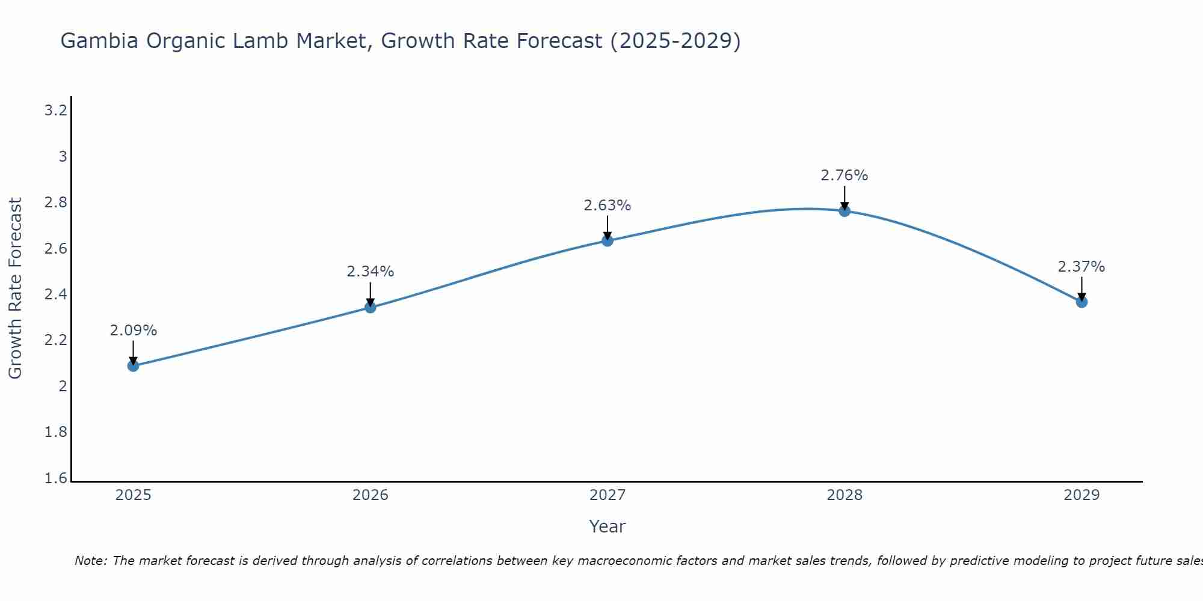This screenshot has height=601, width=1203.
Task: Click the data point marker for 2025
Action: pyautogui.click(x=133, y=365)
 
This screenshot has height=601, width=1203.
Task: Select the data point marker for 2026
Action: pyautogui.click(x=371, y=307)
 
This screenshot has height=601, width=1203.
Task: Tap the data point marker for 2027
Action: pyautogui.click(x=608, y=240)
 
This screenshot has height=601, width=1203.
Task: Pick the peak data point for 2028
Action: pyautogui.click(x=845, y=211)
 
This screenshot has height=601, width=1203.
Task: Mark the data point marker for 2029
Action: pyautogui.click(x=1081, y=302)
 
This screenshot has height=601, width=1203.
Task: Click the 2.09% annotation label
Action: pyautogui.click(x=133, y=331)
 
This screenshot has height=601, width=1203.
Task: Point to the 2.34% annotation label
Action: pyautogui.click(x=371, y=272)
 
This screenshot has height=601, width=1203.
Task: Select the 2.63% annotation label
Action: pyautogui.click(x=608, y=206)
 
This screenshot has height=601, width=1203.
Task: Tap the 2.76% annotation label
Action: pyautogui.click(x=845, y=175)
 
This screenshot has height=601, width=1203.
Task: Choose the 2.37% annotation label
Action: pyautogui.click(x=1081, y=267)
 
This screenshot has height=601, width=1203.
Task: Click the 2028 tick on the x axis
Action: pyautogui.click(x=845, y=495)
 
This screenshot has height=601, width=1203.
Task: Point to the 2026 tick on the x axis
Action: pyautogui.click(x=371, y=495)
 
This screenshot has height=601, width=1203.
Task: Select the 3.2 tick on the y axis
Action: pyautogui.click(x=56, y=111)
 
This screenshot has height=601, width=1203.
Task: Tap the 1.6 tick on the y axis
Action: pyautogui.click(x=56, y=478)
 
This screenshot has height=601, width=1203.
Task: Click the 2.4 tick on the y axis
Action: pyautogui.click(x=56, y=294)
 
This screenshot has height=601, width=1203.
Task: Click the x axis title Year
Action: pyautogui.click(x=608, y=526)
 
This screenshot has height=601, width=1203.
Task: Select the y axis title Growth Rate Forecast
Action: pyautogui.click(x=16, y=288)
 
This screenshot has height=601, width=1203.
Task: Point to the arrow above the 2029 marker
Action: pyautogui.click(x=1081, y=288)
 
